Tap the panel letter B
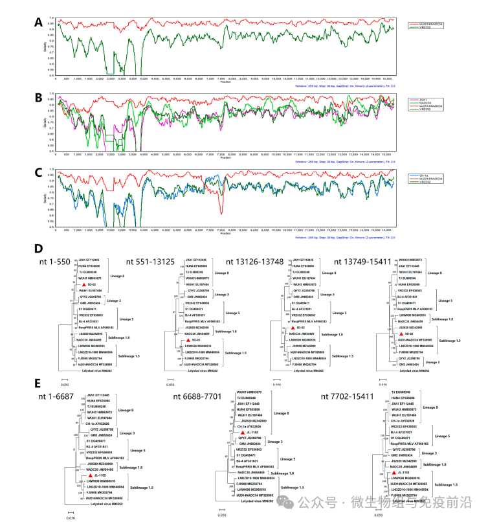click(39, 98)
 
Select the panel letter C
click(39, 174)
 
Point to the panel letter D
click(39, 249)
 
